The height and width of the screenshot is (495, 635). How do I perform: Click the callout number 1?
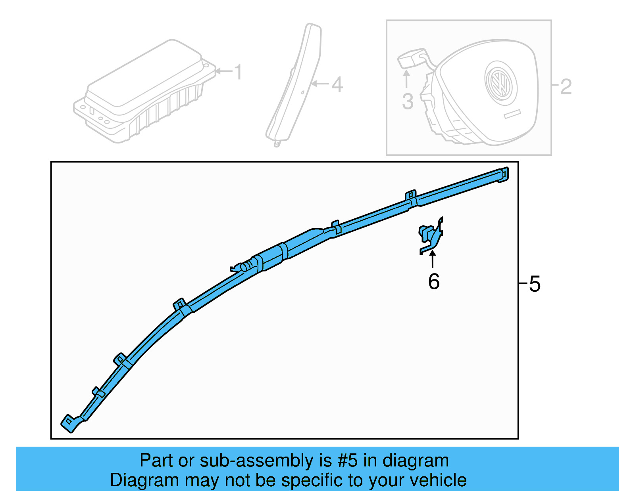coord(239,72)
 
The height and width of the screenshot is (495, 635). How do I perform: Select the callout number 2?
coord(566,87)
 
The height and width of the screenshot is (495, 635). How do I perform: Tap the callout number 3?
coord(408,101)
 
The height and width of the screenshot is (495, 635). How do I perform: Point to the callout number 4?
coord(337,84)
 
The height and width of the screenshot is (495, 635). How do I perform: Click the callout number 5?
coord(535,284)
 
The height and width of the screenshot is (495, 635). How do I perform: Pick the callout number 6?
coord(434,281)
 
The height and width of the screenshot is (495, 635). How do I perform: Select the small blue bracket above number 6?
coord(431,236)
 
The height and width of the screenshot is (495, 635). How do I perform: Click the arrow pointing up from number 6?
coord(433,259)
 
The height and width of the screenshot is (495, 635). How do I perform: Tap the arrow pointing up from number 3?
coord(406,79)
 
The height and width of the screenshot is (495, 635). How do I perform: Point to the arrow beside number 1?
coord(224,71)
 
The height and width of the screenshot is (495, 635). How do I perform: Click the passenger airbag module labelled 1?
coord(144,91)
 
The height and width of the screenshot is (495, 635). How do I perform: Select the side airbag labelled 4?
coord(293,84)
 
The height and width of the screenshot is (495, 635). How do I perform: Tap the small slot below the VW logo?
coord(512,114)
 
